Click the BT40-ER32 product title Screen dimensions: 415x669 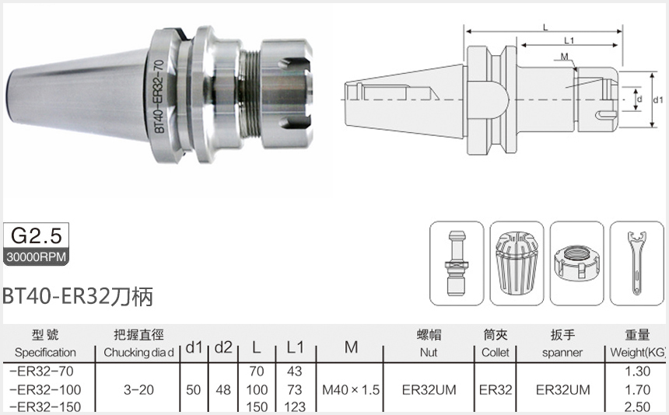(x=77, y=296)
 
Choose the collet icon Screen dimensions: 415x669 (x=517, y=263)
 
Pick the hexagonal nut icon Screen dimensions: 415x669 (x=576, y=263)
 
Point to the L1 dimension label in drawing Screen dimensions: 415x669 (x=568, y=40)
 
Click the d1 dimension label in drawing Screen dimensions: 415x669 (x=657, y=100)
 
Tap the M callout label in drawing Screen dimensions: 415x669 (x=563, y=57)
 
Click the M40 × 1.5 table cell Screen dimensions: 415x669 (x=350, y=389)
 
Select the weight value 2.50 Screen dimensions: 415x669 (x=637, y=406)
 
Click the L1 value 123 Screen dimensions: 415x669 (x=294, y=406)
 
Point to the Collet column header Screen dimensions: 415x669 (x=495, y=352)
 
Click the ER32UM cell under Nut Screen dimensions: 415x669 (x=428, y=389)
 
